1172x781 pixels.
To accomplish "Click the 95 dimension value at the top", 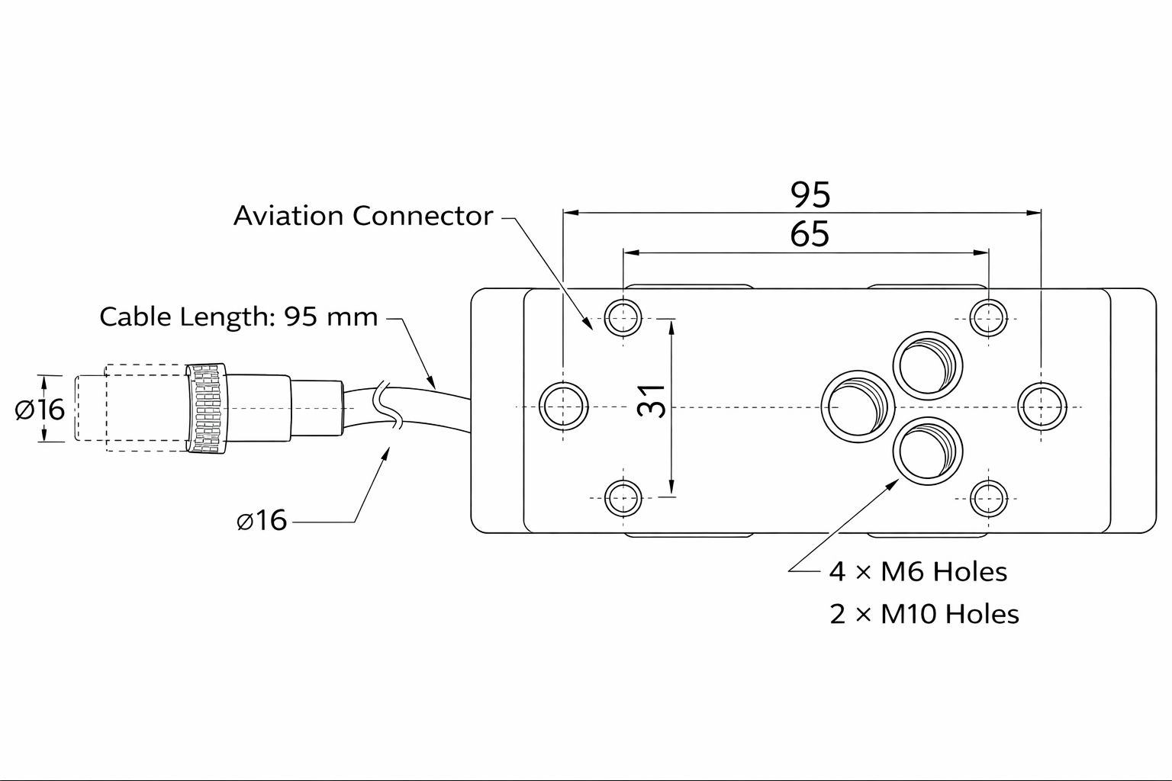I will [x=810, y=195].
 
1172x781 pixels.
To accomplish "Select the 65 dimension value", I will [x=810, y=234].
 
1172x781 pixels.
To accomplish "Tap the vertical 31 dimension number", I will [x=652, y=400].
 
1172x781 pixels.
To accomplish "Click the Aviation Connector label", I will [x=363, y=216].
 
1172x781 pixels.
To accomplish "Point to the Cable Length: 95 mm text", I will [x=239, y=317].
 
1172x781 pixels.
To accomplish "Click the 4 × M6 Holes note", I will [x=918, y=571].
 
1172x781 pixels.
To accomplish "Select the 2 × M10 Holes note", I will [x=924, y=614].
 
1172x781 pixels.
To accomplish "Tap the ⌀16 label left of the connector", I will [x=40, y=410].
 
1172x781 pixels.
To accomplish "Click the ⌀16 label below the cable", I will [x=262, y=520].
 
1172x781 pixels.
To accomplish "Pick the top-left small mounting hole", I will [x=623, y=317].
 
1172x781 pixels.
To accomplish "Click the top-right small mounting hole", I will [x=988, y=317].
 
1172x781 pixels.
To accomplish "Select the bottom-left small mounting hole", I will [x=623, y=499].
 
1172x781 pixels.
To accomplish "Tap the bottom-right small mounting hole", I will [x=988, y=499].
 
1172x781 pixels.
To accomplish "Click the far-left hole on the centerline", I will [x=563, y=406].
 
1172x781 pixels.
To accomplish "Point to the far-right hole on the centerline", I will [x=1042, y=406].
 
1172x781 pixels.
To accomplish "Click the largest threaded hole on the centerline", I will [x=858, y=407].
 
